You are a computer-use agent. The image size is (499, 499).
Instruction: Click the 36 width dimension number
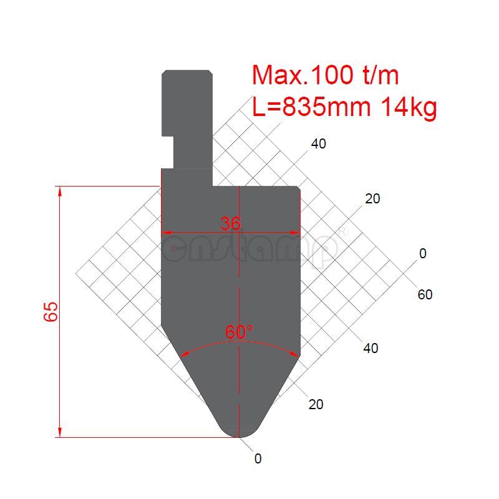coord(231,223)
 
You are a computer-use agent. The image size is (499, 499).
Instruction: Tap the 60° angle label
coord(240,332)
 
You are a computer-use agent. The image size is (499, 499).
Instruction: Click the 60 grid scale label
coord(425,294)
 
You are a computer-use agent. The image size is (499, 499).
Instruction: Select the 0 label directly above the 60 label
coord(423,253)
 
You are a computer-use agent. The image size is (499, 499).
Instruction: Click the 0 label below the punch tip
coord(258,458)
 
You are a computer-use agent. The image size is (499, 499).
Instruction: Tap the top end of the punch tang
coord(187,72)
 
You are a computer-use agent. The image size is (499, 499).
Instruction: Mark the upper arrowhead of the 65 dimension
coord(60,191)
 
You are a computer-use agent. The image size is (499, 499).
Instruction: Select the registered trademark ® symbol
coord(341,231)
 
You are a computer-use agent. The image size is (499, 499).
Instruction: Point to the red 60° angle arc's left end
coord(181,356)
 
